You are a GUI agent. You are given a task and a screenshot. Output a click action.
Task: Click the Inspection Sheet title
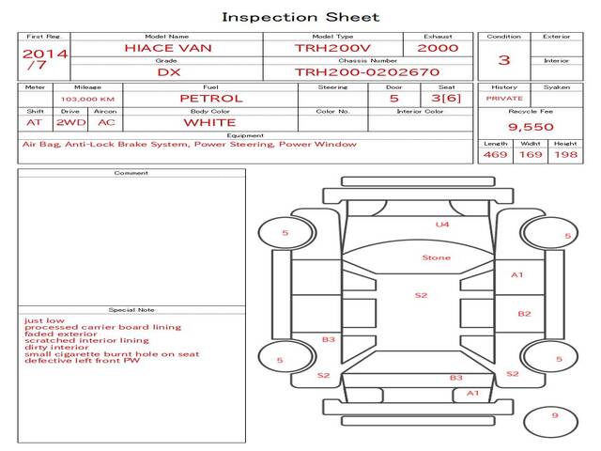300,17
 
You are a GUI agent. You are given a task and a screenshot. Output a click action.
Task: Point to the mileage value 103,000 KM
87,99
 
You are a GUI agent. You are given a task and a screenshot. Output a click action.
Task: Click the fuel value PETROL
210,98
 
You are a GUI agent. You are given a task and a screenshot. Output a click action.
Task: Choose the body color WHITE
209,122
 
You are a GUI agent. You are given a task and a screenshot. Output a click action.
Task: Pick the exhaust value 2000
438,48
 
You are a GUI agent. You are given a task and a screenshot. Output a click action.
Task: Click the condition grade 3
504,60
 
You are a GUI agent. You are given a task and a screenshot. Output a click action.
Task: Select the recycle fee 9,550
530,127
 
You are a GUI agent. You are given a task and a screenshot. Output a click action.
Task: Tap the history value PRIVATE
504,99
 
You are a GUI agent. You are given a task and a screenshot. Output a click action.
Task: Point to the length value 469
495,154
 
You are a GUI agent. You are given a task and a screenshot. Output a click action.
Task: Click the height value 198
565,154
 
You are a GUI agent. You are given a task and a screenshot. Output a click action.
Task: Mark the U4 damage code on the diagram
441,225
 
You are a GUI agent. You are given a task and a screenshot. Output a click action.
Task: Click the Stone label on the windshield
436,257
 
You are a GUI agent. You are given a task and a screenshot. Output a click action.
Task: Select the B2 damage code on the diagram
524,314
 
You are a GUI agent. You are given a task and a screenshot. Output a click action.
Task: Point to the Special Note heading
131,310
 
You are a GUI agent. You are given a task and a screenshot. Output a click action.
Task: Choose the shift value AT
35,122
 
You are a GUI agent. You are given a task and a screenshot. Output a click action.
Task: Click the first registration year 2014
45,54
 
